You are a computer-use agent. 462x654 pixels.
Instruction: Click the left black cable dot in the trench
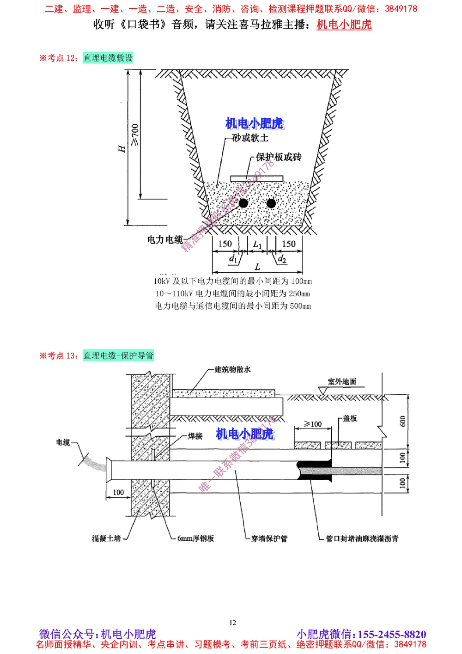[x=243, y=203]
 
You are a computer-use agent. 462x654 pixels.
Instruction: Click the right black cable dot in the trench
[x=271, y=203]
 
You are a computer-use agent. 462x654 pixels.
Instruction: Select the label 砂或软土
[x=250, y=138]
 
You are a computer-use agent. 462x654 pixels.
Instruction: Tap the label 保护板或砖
[x=279, y=157]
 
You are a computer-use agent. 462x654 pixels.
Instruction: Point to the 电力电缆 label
[x=165, y=240]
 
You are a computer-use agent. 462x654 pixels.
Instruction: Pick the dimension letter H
[x=122, y=148]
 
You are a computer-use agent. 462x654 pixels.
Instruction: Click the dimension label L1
[x=257, y=244]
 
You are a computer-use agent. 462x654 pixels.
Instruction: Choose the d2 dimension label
[x=282, y=259]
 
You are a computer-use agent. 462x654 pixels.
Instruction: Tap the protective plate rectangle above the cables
[x=256, y=178]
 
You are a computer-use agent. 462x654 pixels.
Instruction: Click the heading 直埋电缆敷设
[x=108, y=58]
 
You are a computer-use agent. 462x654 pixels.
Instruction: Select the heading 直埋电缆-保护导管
[x=118, y=355]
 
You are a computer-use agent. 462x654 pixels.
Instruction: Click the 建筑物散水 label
[x=232, y=369]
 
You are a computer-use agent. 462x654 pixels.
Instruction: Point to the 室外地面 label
[x=342, y=382]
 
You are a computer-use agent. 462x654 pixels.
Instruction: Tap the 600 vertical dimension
[x=403, y=422]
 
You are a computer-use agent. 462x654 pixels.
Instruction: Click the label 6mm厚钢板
[x=195, y=538]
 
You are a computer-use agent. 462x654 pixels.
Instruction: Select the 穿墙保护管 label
[x=269, y=538]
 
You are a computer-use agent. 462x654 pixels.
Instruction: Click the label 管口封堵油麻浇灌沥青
[x=362, y=538]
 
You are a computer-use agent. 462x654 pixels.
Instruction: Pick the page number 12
[x=232, y=623]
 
